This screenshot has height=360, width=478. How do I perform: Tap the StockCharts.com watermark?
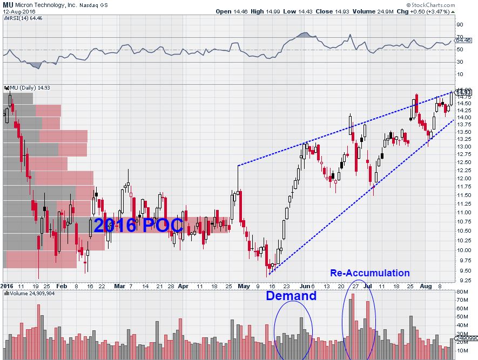point(449,4)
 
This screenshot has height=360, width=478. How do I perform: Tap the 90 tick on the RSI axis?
point(460,24)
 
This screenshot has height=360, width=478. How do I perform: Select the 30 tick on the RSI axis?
point(460,63)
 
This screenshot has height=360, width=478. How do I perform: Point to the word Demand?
point(291,296)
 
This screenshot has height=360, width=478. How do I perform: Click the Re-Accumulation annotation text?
point(369,273)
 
